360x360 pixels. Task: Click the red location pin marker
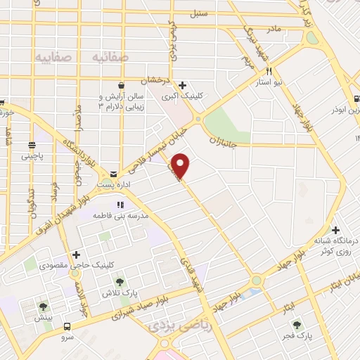pyautogui.click(x=181, y=165)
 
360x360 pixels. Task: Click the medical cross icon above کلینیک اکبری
pyautogui.click(x=182, y=86)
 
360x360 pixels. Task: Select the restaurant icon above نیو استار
pyautogui.click(x=269, y=72)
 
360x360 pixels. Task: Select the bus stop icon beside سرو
pyautogui.click(x=67, y=326)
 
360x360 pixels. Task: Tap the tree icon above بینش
pyautogui.click(x=44, y=306)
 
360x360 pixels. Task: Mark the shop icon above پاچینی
pyautogui.click(x=32, y=146)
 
